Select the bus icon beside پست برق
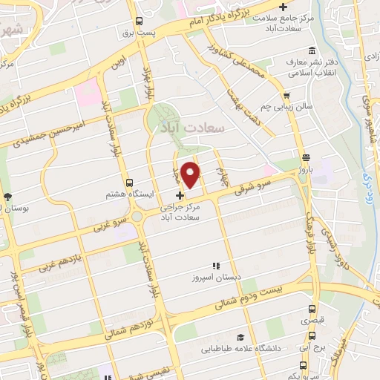pyautogui.click(x=139, y=22)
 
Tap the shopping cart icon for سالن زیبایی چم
pyautogui.click(x=286, y=95)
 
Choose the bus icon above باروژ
pyautogui.click(x=307, y=156)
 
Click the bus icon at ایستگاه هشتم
pyautogui.click(x=130, y=182)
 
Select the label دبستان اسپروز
pyautogui.click(x=216, y=276)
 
